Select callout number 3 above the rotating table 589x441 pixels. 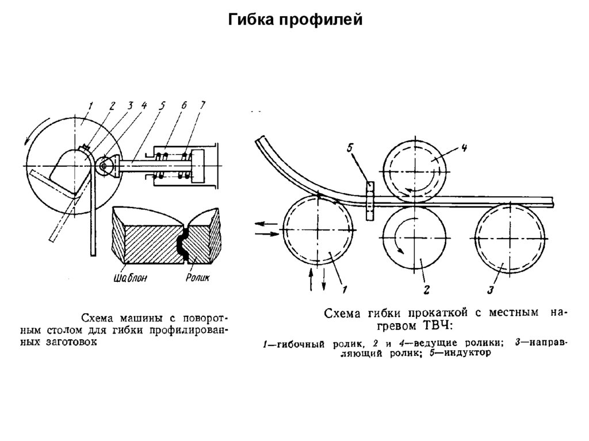pos(130,105)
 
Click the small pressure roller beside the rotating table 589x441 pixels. pos(104,166)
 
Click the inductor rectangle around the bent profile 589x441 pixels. pos(369,200)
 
